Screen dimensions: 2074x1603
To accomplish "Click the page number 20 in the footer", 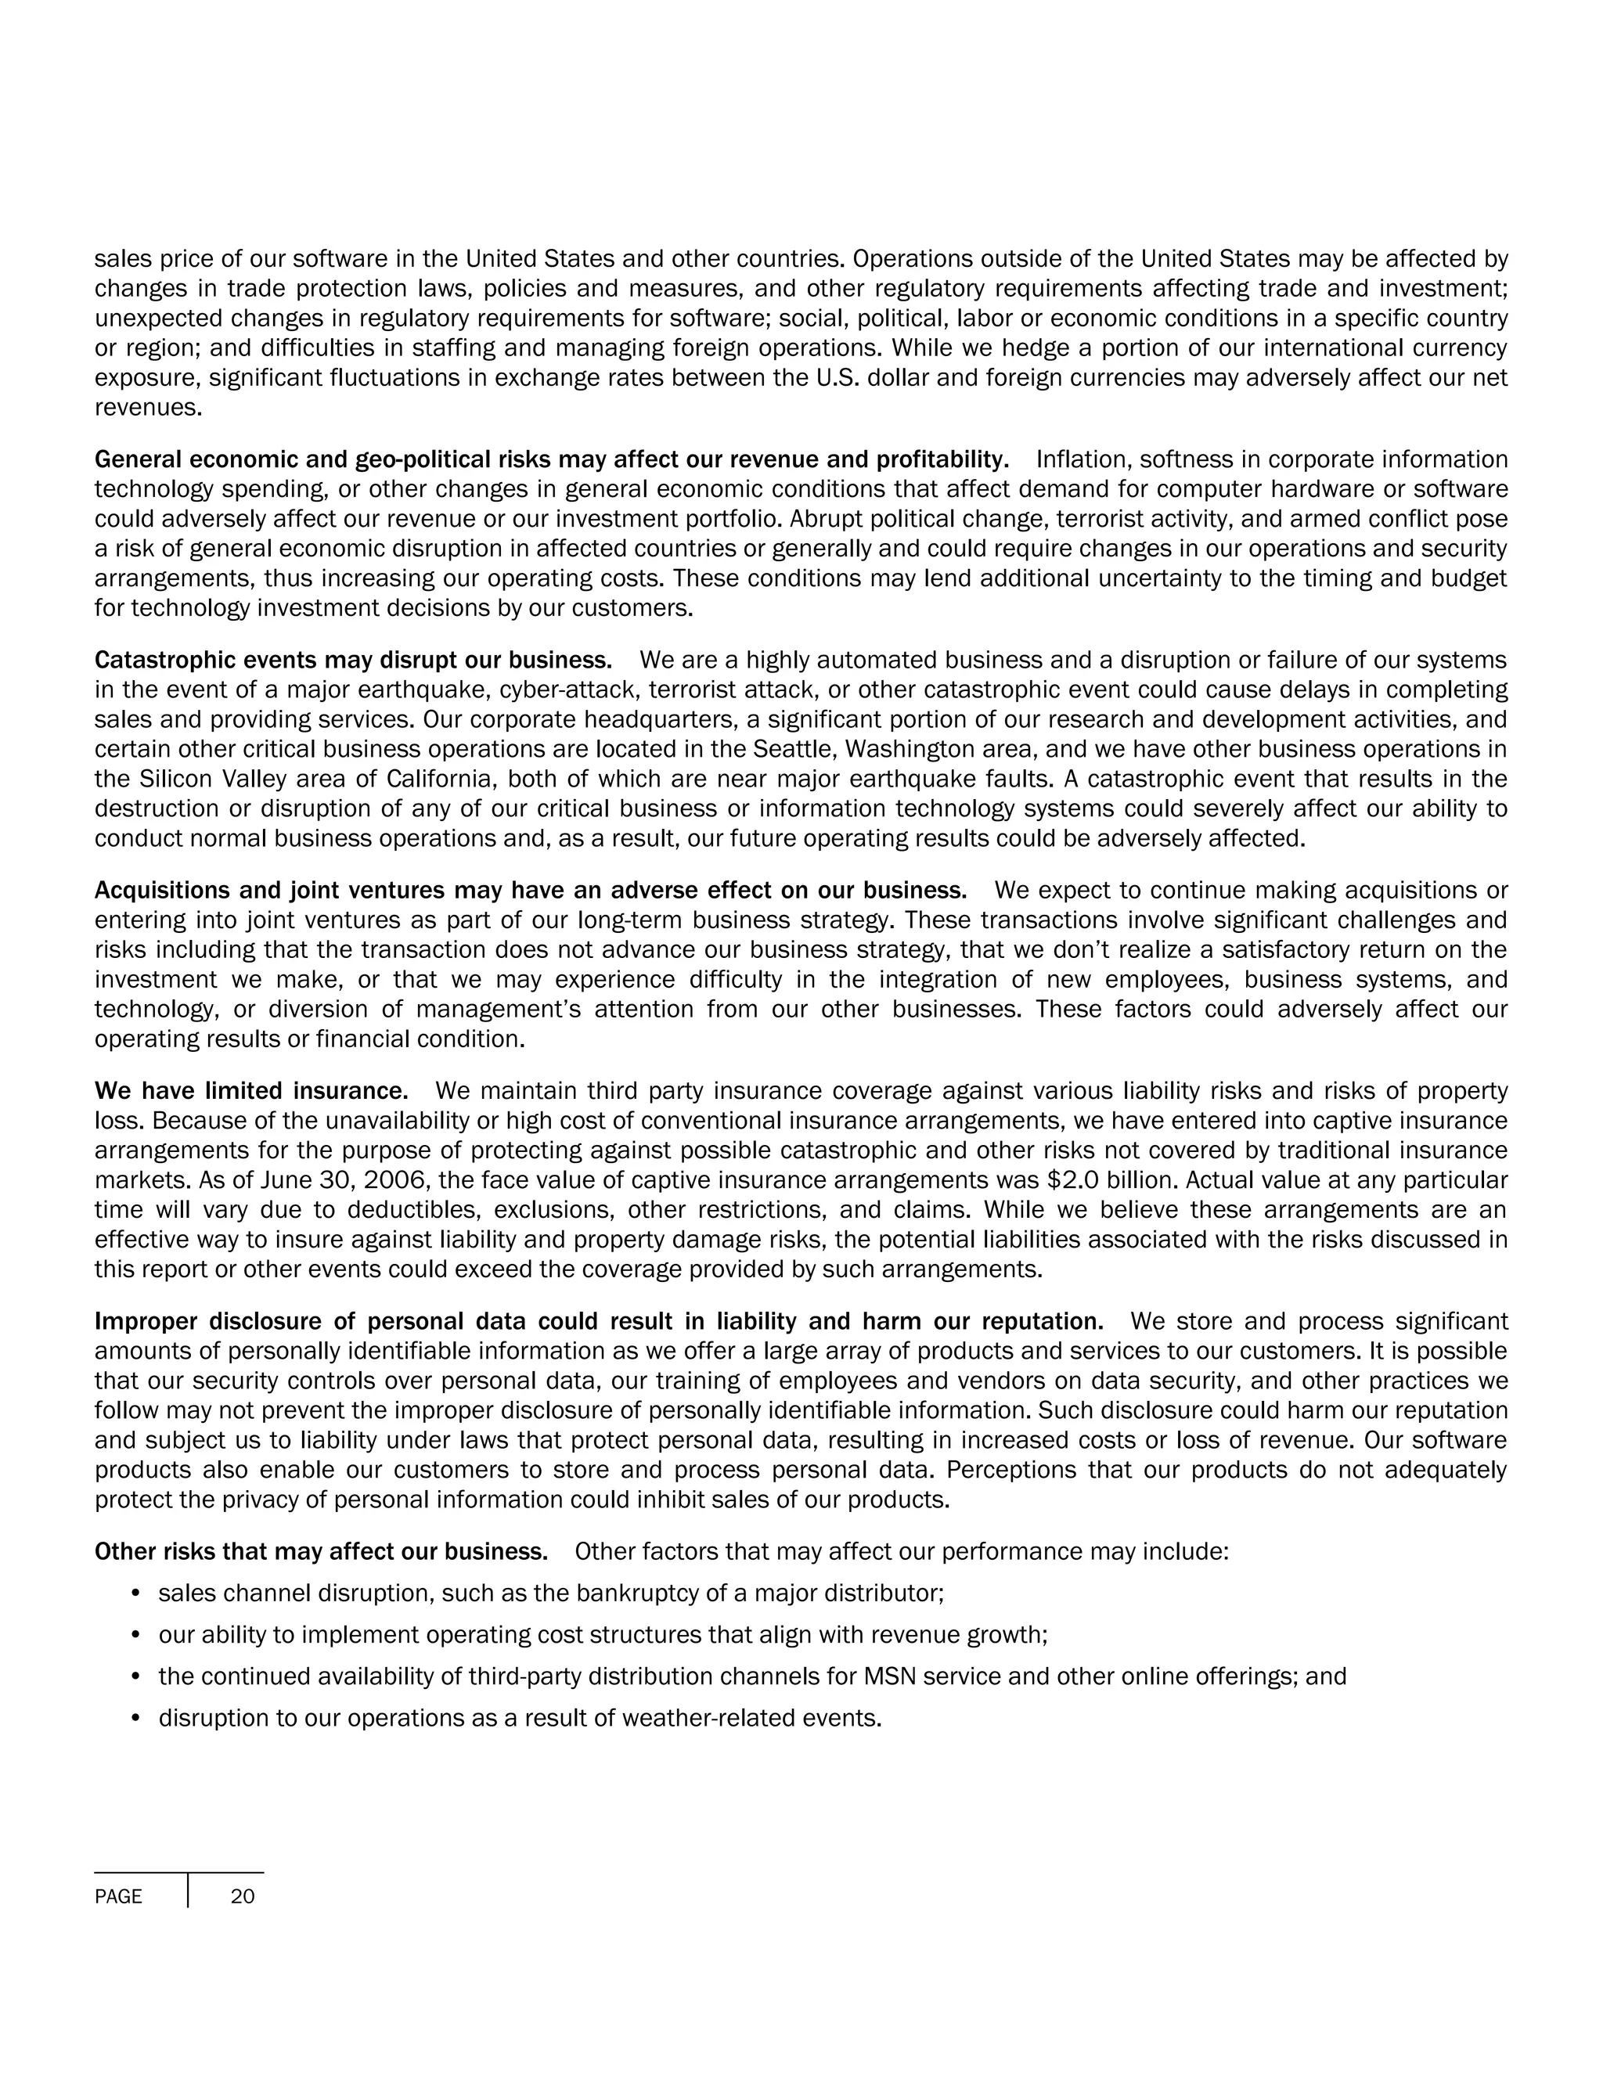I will [x=242, y=1896].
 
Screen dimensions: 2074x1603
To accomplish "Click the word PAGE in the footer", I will [x=119, y=1897].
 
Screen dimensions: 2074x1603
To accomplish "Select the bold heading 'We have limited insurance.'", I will [x=250, y=1090].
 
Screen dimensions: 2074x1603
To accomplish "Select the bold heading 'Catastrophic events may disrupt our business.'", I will [x=353, y=660].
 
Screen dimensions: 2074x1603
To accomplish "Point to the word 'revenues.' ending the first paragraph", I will [x=148, y=409].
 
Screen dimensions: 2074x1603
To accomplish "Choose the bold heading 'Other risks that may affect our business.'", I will [x=321, y=1552].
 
